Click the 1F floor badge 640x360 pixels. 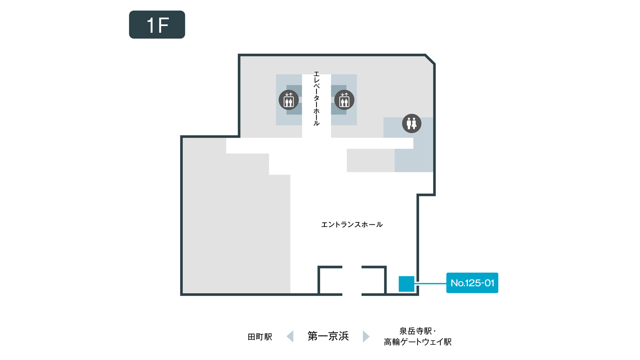click(157, 24)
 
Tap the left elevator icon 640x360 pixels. click(288, 100)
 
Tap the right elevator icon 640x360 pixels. click(344, 100)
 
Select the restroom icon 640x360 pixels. click(412, 124)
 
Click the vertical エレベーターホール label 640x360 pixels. click(316, 98)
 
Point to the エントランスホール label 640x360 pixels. click(352, 224)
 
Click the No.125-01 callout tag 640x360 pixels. click(472, 283)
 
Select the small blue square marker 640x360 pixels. click(406, 284)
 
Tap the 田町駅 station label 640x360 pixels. click(260, 337)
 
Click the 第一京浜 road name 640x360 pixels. click(328, 336)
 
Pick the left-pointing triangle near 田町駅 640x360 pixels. click(290, 336)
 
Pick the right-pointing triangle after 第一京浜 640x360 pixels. click(366, 336)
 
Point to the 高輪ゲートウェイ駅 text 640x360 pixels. click(418, 342)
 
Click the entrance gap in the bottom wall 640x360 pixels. click(352, 294)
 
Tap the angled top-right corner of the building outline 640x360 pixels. click(430, 59)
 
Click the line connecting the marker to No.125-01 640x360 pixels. click(430, 284)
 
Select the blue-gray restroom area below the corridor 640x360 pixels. click(414, 160)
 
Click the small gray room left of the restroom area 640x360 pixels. click(370, 160)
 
